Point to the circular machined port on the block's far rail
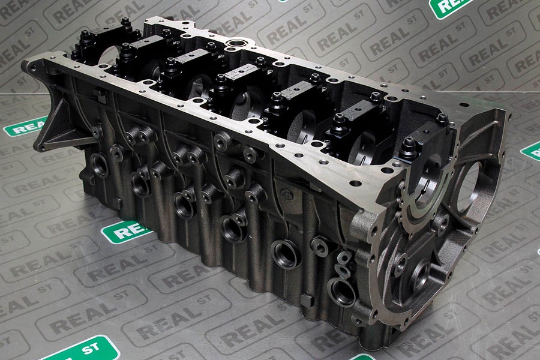(x=236, y=44)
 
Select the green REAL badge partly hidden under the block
(x=127, y=232)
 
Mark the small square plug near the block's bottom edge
(x=308, y=301)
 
